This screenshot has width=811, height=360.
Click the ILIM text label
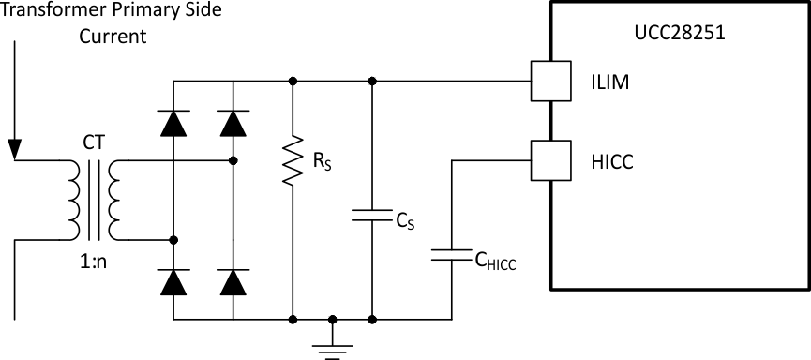[x=609, y=82]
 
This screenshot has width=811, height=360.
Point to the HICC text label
[x=613, y=161]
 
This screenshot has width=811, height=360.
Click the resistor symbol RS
[x=293, y=160]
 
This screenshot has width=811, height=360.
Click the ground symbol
[x=332, y=344]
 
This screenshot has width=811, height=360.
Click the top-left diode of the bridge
[x=173, y=122]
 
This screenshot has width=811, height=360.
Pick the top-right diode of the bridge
[x=233, y=122]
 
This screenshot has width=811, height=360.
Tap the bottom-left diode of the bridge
[x=173, y=280]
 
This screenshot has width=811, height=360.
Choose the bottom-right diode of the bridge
[x=233, y=280]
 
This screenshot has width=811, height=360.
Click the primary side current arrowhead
[x=14, y=148]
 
